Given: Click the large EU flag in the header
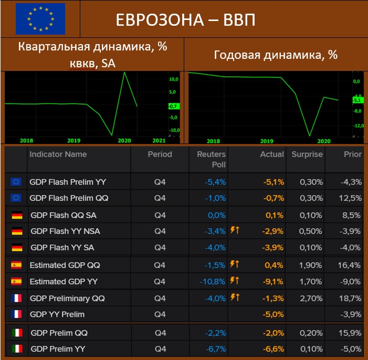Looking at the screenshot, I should point(40,19).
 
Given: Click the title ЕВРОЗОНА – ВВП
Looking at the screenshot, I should point(185,20).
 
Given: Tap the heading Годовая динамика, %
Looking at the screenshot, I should point(276,55).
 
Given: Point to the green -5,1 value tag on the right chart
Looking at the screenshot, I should point(357,100).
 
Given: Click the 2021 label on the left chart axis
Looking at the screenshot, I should point(159,140).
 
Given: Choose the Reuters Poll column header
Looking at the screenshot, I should point(211,160).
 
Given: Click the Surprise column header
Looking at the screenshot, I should point(307,155).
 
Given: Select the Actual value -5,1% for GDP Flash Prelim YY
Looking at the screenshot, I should point(274,182).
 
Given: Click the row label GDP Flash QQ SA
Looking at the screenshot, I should point(63,215).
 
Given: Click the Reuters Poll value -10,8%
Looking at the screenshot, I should point(213,282).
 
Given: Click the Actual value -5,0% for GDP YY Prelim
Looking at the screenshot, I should point(274,314).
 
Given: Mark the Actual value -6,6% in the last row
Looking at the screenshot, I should point(274,349).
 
